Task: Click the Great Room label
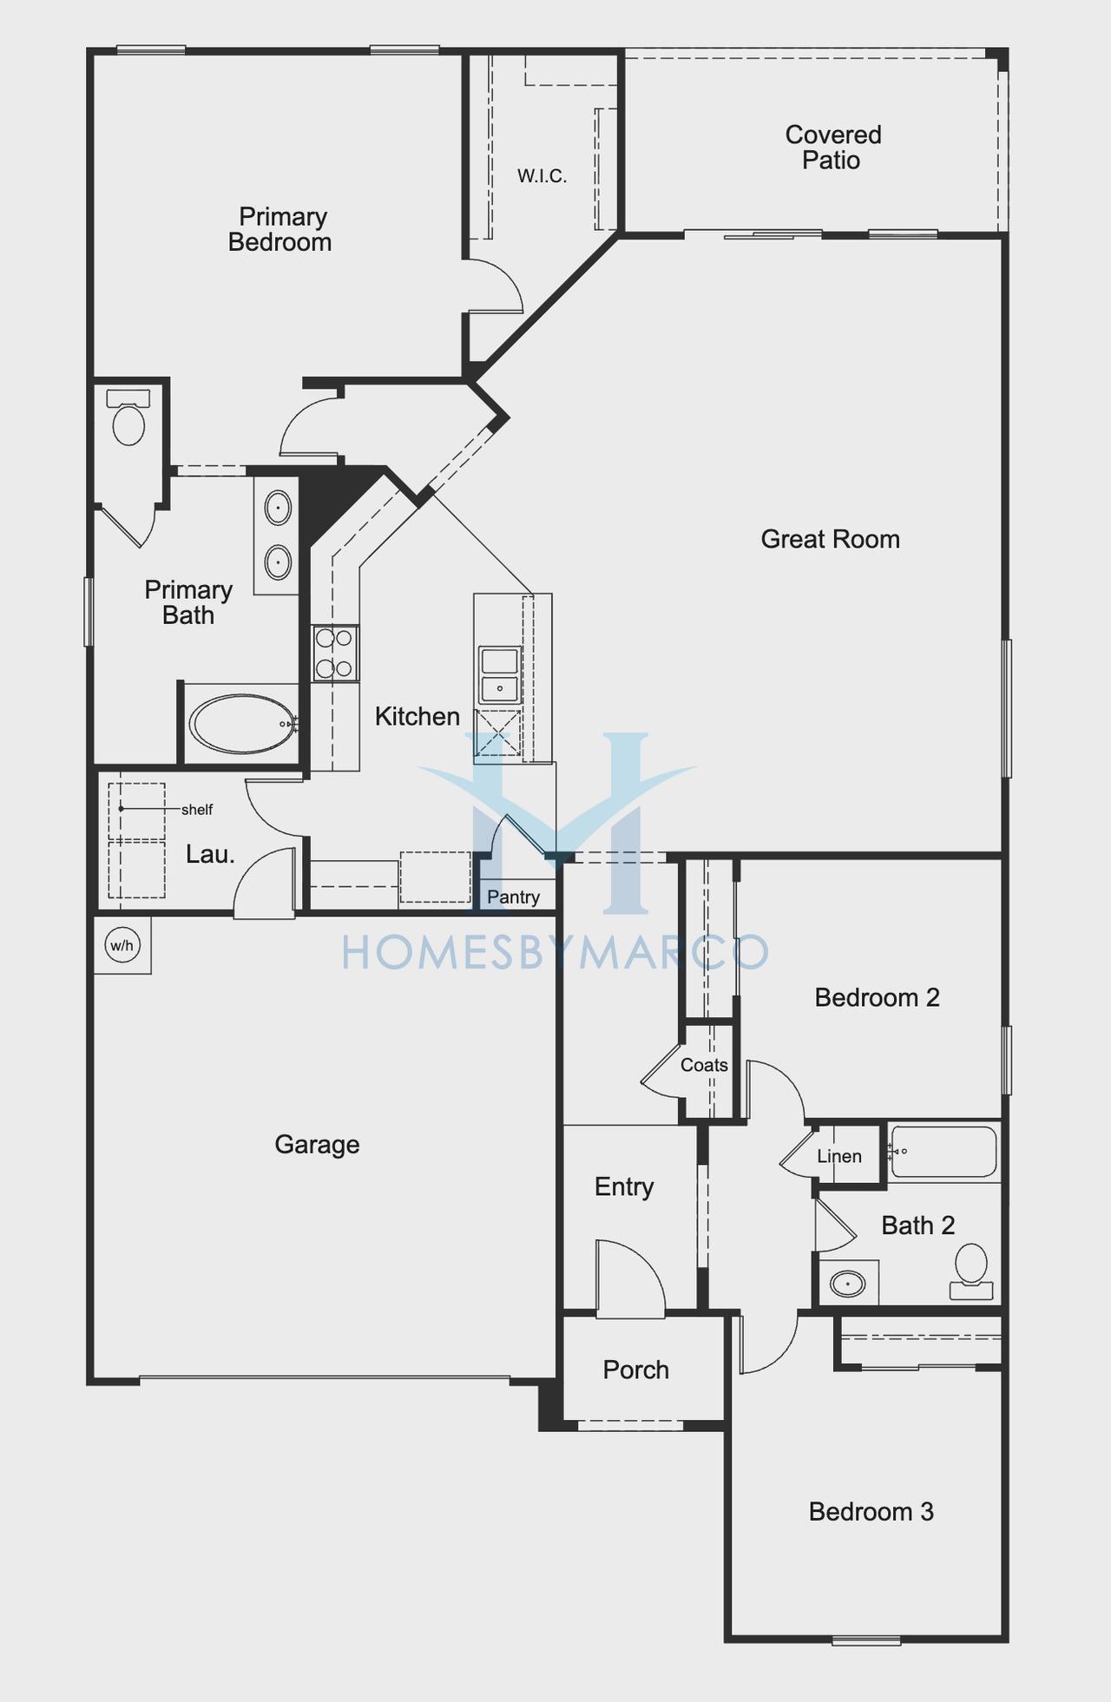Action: point(830,539)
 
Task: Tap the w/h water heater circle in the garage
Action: point(122,945)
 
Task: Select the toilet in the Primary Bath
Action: point(128,417)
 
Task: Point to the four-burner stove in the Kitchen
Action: point(334,654)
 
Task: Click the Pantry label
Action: point(513,897)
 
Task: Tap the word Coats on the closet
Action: point(704,1065)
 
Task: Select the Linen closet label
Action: point(839,1156)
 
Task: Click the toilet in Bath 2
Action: point(971,1272)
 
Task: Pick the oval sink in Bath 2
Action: point(847,1283)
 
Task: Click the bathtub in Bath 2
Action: point(943,1152)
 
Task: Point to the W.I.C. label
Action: point(542,176)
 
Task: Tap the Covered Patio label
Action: point(832,148)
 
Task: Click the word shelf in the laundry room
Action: point(197,810)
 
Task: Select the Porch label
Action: point(636,1370)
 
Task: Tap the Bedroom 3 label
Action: point(871,1512)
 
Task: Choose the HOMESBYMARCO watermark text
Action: point(555,951)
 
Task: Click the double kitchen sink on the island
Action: point(500,675)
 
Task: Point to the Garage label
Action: point(317,1145)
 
